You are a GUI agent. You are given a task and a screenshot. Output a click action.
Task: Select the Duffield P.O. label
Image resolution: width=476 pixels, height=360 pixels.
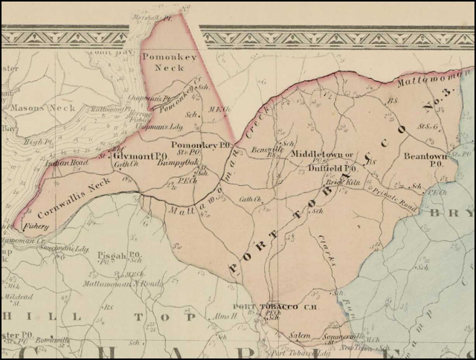click(332, 169)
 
